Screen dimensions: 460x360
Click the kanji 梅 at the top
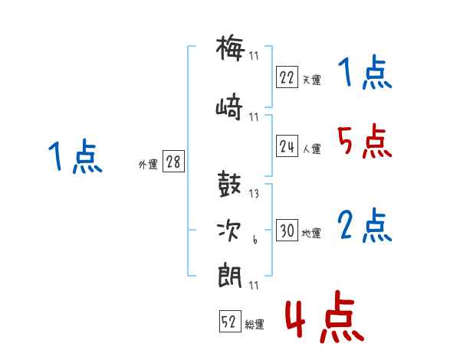click(230, 47)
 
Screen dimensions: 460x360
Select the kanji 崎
click(229, 107)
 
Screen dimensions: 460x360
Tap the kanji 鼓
click(229, 184)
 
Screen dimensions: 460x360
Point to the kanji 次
click(228, 231)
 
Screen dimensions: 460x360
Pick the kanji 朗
click(230, 277)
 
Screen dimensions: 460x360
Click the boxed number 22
click(287, 77)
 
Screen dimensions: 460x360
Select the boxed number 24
click(287, 146)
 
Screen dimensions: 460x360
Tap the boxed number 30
click(287, 230)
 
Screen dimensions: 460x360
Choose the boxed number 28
click(173, 161)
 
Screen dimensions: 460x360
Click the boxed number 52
click(230, 321)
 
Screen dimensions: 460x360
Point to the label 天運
click(312, 80)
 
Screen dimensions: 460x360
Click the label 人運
click(312, 149)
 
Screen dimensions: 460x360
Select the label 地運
click(311, 233)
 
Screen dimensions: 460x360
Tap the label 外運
click(148, 164)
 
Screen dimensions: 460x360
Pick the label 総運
click(255, 324)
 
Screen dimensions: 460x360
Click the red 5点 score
click(364, 141)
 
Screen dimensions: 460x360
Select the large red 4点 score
click(324, 316)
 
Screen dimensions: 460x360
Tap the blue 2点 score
click(364, 225)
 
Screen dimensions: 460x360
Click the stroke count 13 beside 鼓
click(254, 193)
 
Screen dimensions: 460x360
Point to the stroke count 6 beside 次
click(255, 240)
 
